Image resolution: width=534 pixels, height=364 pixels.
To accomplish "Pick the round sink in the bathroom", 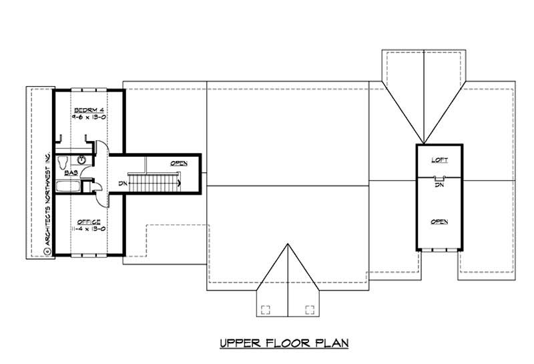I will coord(81,160).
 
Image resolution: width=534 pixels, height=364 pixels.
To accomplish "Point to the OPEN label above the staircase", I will coord(178,163).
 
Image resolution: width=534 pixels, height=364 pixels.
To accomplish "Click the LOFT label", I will coord(439,160).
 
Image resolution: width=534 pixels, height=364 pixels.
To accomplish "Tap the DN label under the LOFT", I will coord(439,185).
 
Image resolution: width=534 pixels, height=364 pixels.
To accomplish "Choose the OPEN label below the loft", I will coord(439,221).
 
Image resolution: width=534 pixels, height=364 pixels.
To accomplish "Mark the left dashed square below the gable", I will coord(265,309).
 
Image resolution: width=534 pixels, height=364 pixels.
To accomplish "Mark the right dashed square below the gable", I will coord(309,309).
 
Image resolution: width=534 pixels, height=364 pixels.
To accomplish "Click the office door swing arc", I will coord(100,195).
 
